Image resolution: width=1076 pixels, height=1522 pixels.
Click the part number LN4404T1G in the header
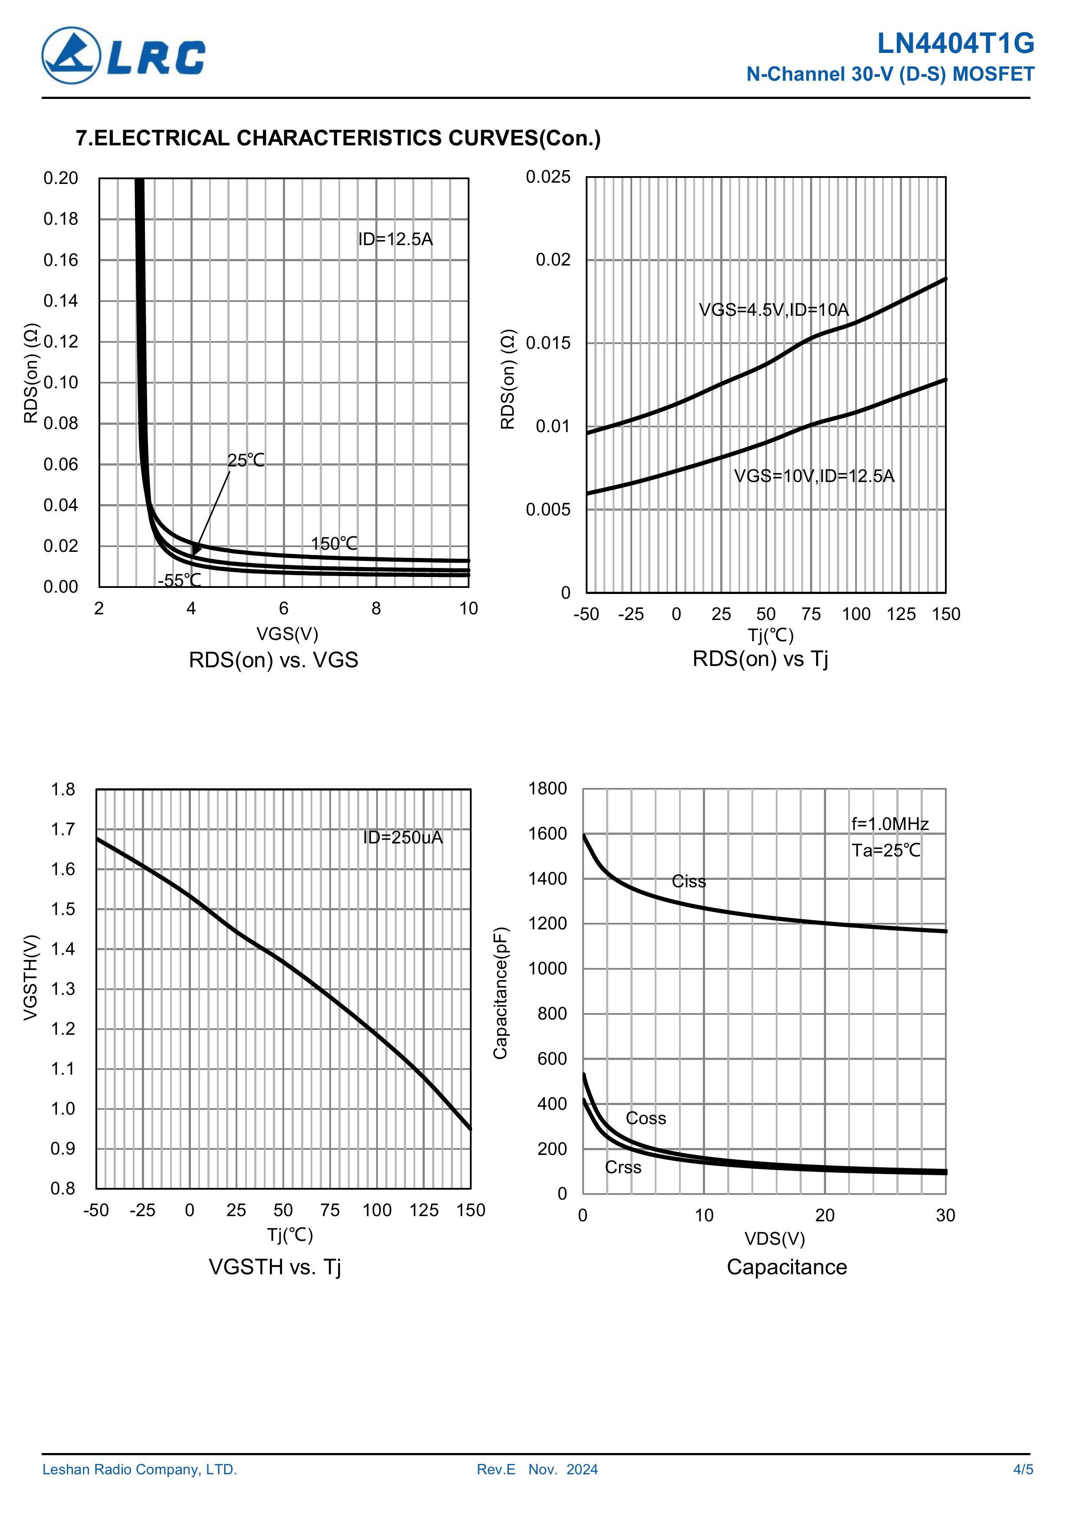pyautogui.click(x=955, y=44)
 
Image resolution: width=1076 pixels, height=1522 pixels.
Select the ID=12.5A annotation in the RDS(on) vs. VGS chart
pyautogui.click(x=395, y=239)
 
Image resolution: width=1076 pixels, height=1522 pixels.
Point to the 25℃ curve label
pyautogui.click(x=246, y=460)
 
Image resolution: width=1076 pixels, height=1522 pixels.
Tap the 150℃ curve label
pyautogui.click(x=334, y=544)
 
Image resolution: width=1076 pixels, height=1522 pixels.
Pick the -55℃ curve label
pyautogui.click(x=179, y=580)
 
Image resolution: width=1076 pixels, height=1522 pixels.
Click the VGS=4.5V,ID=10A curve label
pyautogui.click(x=774, y=310)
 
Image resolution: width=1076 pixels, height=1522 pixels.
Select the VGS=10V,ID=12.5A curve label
pyautogui.click(x=814, y=476)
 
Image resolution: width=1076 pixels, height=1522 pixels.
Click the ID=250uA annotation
pyautogui.click(x=403, y=837)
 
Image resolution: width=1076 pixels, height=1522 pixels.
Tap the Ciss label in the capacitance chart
pyautogui.click(x=689, y=881)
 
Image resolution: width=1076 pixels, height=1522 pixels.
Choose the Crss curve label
pyautogui.click(x=623, y=1167)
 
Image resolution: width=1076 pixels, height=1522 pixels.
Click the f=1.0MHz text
pyautogui.click(x=890, y=824)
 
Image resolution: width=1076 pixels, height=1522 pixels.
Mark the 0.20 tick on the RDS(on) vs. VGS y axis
pyautogui.click(x=61, y=178)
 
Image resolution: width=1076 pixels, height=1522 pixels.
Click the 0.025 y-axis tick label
pyautogui.click(x=548, y=177)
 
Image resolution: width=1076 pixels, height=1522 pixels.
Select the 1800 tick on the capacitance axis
pyautogui.click(x=548, y=788)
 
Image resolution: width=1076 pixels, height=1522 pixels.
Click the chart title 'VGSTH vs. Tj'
pyautogui.click(x=275, y=1267)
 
